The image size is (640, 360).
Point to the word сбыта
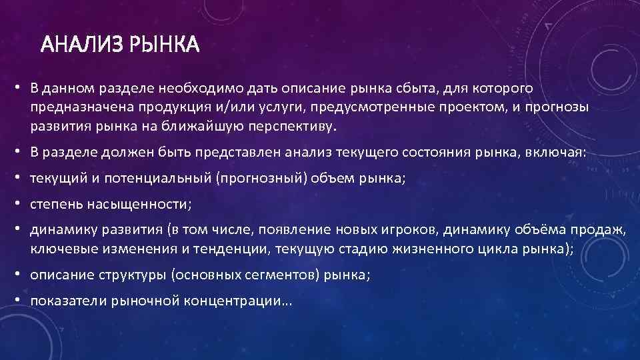tap(402, 89)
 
